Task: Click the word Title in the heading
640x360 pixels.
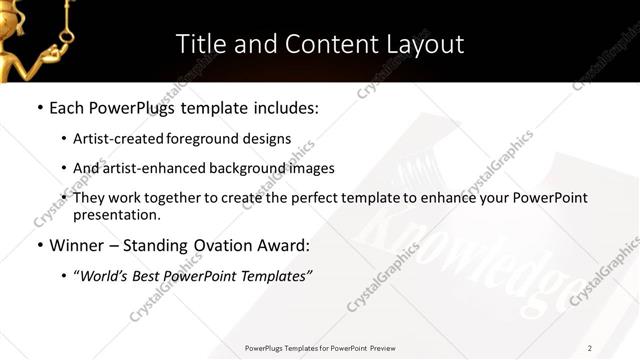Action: [x=200, y=44]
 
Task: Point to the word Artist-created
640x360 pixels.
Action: [x=120, y=138]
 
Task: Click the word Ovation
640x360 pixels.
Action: [x=239, y=244]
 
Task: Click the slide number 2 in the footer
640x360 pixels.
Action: [x=589, y=347]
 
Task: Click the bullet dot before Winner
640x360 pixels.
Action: [x=39, y=245]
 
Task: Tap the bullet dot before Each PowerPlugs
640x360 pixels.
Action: [x=39, y=105]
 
